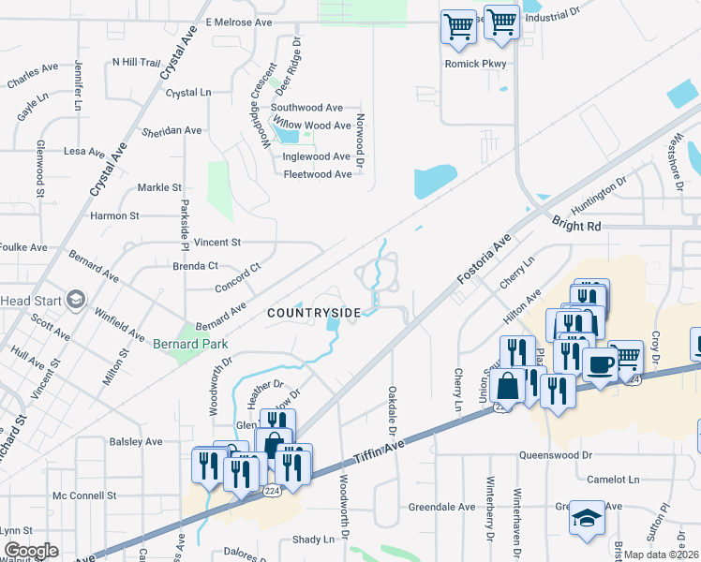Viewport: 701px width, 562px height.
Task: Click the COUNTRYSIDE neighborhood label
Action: click(314, 311)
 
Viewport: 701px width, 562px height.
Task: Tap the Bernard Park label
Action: click(191, 344)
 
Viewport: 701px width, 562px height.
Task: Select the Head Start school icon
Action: click(75, 300)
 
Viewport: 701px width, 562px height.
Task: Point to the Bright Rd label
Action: click(576, 227)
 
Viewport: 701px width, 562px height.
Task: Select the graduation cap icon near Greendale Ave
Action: click(588, 518)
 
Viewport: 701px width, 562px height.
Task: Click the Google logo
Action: click(31, 551)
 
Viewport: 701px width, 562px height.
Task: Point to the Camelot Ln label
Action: click(614, 479)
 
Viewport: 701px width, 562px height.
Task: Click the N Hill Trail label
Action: click(137, 62)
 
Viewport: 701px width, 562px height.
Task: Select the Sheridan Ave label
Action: click(172, 131)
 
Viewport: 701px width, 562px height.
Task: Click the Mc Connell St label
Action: click(84, 495)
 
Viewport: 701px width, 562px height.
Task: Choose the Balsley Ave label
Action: click(136, 441)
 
